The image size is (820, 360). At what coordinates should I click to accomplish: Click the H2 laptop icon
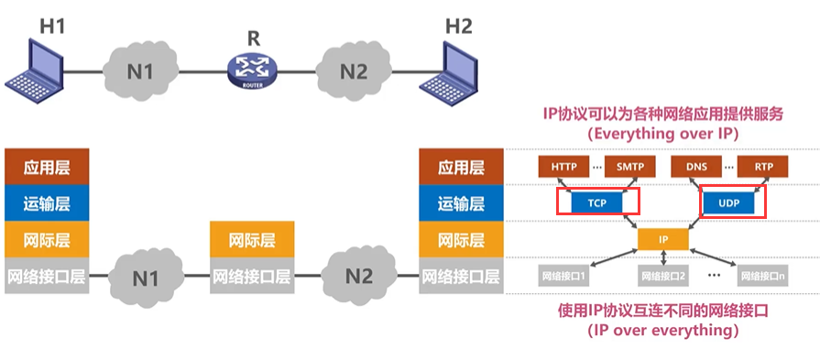[449, 67]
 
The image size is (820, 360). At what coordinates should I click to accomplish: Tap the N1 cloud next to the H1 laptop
[139, 68]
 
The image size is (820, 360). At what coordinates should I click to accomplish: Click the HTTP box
[564, 167]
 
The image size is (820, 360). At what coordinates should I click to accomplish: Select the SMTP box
[630, 167]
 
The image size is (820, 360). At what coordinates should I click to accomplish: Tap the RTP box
[764, 167]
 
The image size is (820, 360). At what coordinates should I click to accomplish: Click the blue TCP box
[596, 202]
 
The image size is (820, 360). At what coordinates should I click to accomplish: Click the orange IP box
[663, 239]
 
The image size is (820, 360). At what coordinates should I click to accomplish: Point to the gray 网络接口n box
[765, 275]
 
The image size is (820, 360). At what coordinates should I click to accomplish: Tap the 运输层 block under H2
[459, 203]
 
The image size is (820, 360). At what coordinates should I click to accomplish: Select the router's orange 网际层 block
[252, 240]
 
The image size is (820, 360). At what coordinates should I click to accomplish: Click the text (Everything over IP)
[661, 132]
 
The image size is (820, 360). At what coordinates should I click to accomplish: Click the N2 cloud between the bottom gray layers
[359, 275]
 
